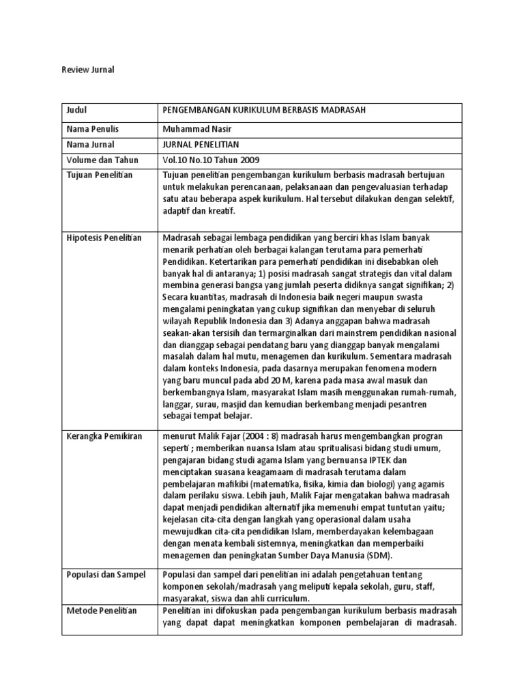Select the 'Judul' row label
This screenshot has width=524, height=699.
(x=78, y=111)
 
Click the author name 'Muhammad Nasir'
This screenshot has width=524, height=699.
(x=194, y=128)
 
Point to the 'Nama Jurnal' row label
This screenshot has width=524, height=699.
(x=91, y=144)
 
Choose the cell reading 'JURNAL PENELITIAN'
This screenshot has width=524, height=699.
(x=201, y=144)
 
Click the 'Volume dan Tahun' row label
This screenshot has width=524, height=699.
(x=102, y=160)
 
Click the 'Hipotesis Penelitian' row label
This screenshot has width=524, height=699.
(x=104, y=238)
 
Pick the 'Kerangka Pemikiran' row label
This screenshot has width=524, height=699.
(x=104, y=436)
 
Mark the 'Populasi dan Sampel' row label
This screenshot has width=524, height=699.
(x=106, y=575)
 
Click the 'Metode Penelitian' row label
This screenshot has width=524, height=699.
(x=102, y=610)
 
